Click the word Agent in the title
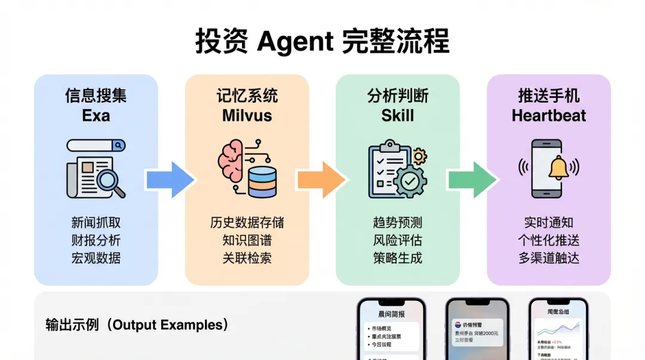294,42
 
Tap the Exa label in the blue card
96,115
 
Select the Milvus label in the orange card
247,115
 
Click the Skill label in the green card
398,115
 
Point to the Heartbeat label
548,115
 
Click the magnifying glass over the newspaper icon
109,181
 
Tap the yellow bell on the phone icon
559,168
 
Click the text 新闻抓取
96,223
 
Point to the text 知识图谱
247,241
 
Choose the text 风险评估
398,241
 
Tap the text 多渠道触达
548,259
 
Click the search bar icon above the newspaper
96,145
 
